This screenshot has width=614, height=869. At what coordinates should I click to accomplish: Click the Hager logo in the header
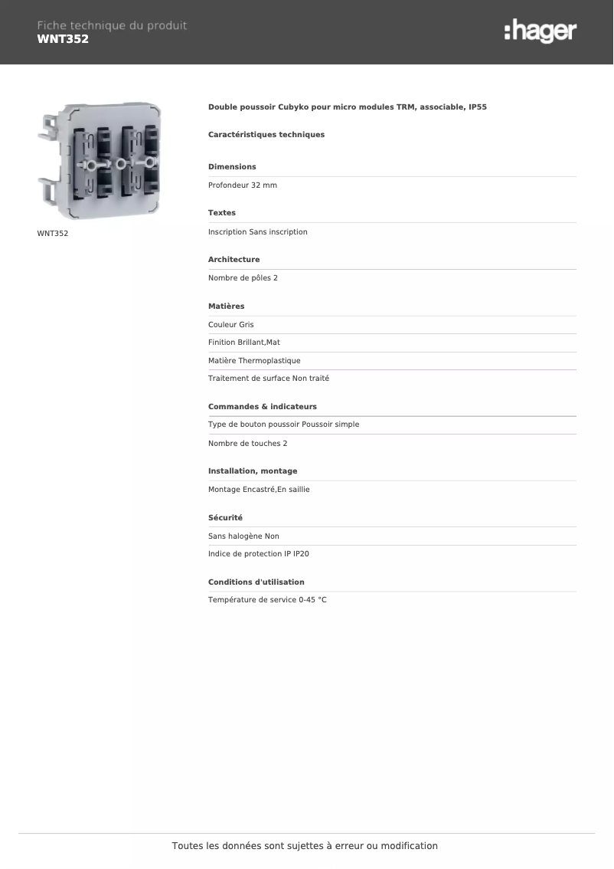(x=540, y=32)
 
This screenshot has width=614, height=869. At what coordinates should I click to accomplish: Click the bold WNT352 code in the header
(x=63, y=39)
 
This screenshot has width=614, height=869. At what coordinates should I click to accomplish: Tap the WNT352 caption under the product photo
(x=53, y=233)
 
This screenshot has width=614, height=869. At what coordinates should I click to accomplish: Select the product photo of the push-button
(x=100, y=161)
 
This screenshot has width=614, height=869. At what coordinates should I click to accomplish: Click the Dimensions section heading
(x=232, y=167)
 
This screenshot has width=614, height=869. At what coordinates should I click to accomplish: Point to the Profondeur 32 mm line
(x=243, y=185)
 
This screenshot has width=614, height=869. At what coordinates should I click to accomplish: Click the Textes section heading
(x=222, y=213)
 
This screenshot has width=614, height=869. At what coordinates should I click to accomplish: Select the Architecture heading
(x=234, y=260)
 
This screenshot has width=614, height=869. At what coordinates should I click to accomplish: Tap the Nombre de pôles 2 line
(x=243, y=278)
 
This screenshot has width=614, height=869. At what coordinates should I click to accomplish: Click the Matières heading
(x=226, y=307)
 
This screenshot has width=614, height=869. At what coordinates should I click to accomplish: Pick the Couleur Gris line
(x=230, y=325)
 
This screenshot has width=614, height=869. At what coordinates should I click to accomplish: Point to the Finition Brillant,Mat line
(x=244, y=343)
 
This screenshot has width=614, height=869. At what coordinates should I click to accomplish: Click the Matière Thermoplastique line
(x=254, y=361)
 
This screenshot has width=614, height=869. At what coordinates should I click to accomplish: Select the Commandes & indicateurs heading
(x=262, y=407)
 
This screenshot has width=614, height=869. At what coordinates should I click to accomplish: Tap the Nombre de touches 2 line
(x=247, y=444)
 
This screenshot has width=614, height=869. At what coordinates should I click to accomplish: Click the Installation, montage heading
(x=253, y=471)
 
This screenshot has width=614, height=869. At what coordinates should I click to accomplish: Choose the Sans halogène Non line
(x=243, y=536)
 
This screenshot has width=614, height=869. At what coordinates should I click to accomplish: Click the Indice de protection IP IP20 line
(x=258, y=554)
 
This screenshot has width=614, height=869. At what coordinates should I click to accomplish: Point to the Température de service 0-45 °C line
(x=267, y=600)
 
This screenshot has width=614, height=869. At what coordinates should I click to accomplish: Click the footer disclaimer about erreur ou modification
(x=305, y=846)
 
